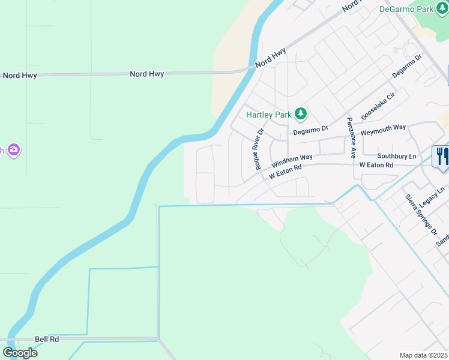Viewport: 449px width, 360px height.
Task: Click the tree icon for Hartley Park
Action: (x=301, y=113)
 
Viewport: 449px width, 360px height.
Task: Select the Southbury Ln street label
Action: (x=397, y=156)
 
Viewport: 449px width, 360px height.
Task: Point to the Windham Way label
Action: (x=292, y=160)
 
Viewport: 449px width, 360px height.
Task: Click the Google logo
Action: (x=20, y=353)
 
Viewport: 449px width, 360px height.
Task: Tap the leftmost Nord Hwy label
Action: (x=20, y=76)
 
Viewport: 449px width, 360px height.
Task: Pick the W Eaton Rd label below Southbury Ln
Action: (x=376, y=165)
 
